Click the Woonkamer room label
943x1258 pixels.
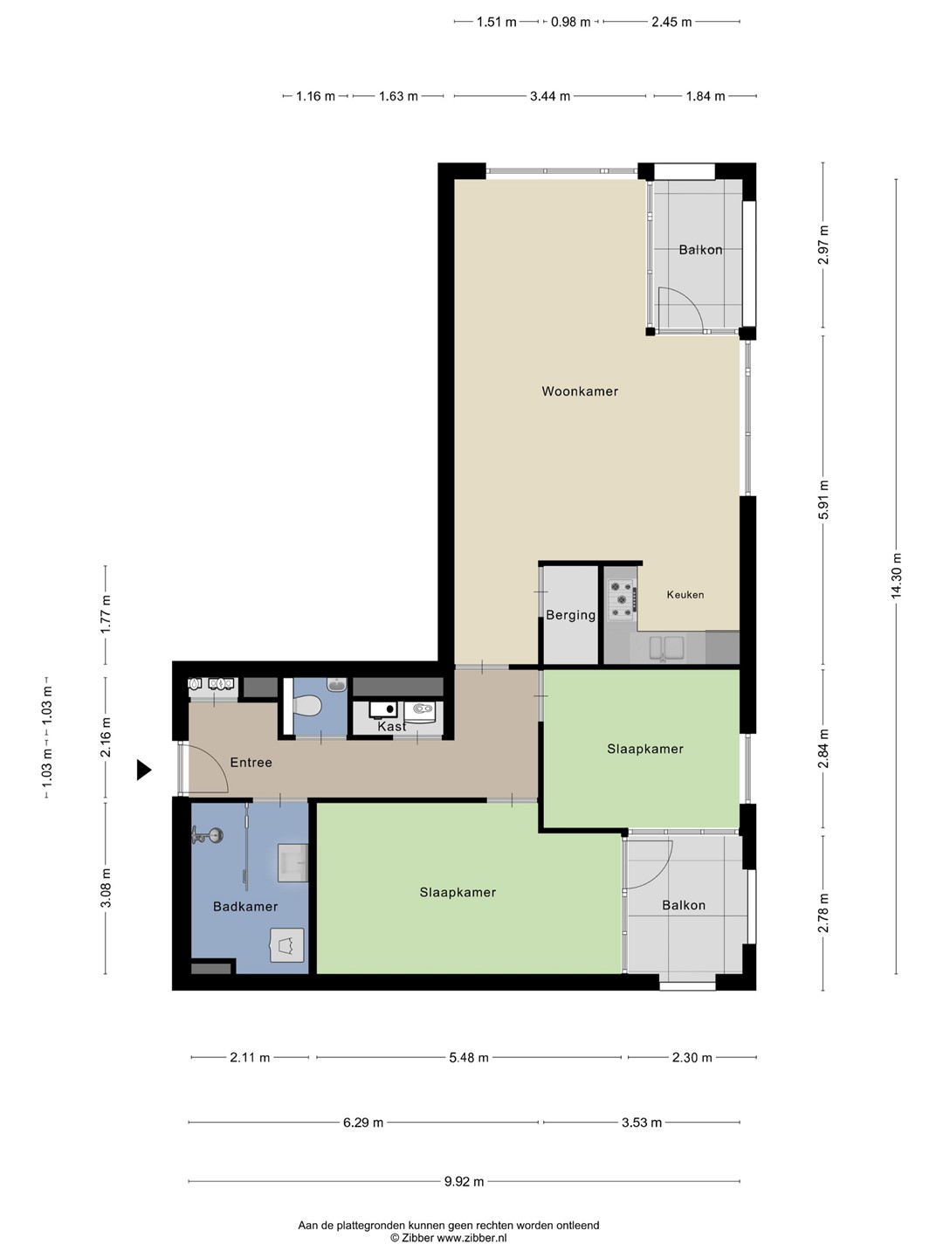click(x=580, y=391)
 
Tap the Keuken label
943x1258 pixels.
click(x=685, y=595)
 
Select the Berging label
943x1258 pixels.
click(x=571, y=616)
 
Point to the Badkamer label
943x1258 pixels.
click(x=245, y=906)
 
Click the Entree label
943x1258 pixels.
click(x=251, y=763)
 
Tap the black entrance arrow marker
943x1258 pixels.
click(x=143, y=770)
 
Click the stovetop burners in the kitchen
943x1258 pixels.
click(x=623, y=600)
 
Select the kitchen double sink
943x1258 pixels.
click(x=666, y=647)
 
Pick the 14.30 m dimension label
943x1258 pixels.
click(x=896, y=576)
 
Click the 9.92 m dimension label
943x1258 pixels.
click(x=464, y=1181)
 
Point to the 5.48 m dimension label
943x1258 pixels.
click(x=469, y=1057)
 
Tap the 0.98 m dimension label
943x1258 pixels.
click(x=570, y=22)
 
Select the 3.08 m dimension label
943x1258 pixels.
click(x=106, y=888)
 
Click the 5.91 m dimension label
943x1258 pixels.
click(x=823, y=499)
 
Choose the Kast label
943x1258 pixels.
click(x=392, y=726)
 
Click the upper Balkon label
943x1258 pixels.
click(x=700, y=250)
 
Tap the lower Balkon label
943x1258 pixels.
click(x=684, y=905)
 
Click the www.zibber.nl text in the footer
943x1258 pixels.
click(x=471, y=1237)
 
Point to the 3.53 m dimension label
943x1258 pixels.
click(x=642, y=1123)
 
